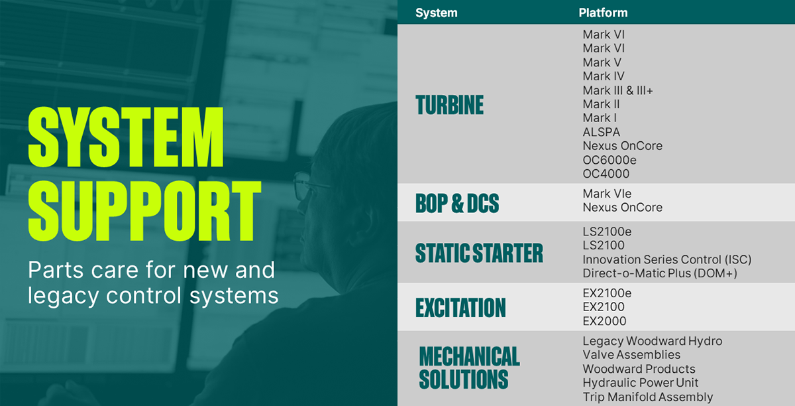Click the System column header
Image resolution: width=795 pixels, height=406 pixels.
[x=436, y=13]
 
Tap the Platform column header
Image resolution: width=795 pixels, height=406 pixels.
[x=603, y=13]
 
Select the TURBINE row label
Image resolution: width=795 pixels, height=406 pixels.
[x=449, y=105]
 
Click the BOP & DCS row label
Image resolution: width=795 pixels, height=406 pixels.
[x=457, y=204]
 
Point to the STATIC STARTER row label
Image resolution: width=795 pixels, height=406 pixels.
[x=479, y=253]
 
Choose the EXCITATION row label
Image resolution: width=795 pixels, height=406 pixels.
[x=460, y=308]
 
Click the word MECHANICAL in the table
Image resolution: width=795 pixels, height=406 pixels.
[x=470, y=356]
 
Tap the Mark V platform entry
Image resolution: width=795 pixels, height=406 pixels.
[x=602, y=62]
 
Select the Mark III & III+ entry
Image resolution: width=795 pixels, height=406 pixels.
[x=617, y=90]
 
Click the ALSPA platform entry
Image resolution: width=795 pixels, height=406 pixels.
[x=602, y=132]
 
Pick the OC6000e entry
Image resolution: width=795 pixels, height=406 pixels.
[x=609, y=160]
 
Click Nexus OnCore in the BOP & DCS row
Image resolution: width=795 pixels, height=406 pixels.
[x=623, y=207]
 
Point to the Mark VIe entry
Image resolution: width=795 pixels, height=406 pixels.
[x=607, y=194]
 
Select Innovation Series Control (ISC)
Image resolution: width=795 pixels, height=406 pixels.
[x=667, y=259]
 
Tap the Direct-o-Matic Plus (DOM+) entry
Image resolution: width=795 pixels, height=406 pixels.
[x=660, y=273]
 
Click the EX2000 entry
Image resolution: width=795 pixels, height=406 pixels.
[x=604, y=321]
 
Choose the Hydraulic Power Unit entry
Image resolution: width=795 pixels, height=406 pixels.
[x=640, y=383]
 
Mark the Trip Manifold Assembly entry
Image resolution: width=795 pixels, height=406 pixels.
[x=648, y=397]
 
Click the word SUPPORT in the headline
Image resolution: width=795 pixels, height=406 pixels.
[x=145, y=211]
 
